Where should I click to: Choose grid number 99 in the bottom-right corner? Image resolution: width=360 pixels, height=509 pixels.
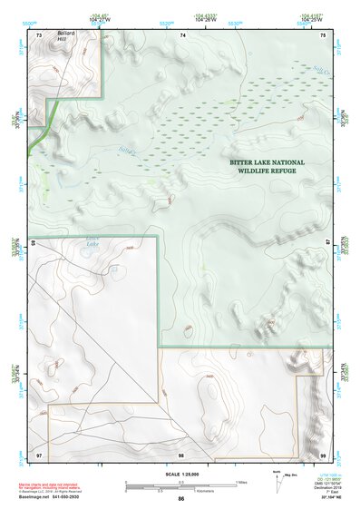(323, 454)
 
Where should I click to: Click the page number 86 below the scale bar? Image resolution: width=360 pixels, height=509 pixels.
(180, 500)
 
